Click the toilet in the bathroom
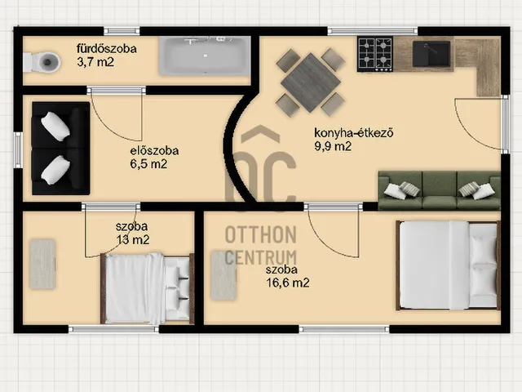tap(42, 62)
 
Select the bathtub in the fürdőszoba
tap(205, 56)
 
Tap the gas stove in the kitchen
tap(375, 54)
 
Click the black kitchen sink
tap(431, 54)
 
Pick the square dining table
tap(311, 82)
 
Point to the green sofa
tap(440, 190)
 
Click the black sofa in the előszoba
tap(61, 149)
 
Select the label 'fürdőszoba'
tap(107, 49)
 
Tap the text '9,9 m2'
tap(333, 146)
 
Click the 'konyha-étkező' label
tap(354, 133)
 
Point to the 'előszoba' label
tap(154, 150)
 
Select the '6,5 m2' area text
tap(148, 164)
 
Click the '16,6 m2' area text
tap(288, 283)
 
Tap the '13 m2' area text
tap(133, 239)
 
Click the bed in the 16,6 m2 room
tap(448, 265)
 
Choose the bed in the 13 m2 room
tap(147, 288)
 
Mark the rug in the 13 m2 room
tap(42, 264)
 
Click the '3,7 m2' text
tap(95, 62)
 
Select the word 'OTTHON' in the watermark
tap(261, 234)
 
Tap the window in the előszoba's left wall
tap(18, 150)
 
